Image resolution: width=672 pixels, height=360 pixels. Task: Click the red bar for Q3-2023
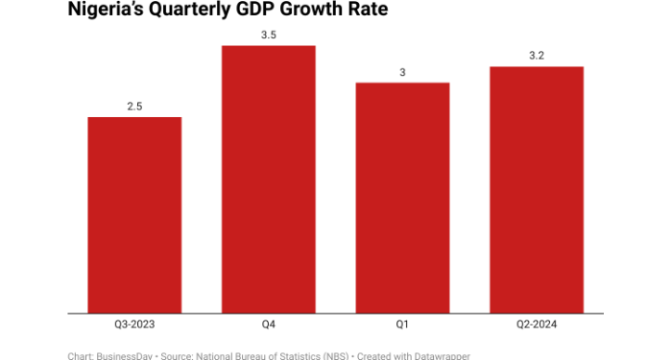[x=134, y=215]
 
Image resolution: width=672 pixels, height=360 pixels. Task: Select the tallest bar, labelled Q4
[x=269, y=180]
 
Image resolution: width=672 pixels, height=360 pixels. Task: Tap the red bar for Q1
[x=402, y=198]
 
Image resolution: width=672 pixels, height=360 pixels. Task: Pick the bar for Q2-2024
[x=537, y=190]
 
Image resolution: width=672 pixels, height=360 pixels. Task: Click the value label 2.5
[x=134, y=107]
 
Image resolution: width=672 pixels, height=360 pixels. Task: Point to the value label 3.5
[x=269, y=36]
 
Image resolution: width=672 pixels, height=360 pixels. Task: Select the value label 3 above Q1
[x=402, y=72]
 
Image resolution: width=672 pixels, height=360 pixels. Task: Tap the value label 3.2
[x=537, y=57]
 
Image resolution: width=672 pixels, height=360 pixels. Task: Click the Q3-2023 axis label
[x=134, y=324]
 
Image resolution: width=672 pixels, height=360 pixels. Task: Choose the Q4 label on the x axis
[x=269, y=324]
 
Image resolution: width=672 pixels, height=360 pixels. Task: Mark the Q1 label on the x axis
[x=402, y=324]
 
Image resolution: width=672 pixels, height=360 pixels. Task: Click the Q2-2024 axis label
[x=537, y=324]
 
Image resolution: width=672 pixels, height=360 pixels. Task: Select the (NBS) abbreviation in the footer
[x=330, y=355]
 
